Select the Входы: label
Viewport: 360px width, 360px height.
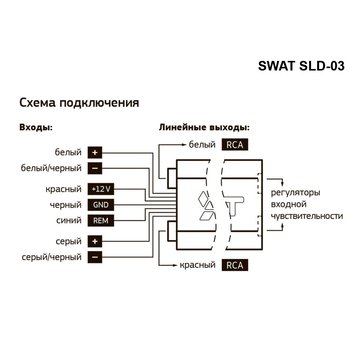[36, 130]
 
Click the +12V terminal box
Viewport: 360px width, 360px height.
[100, 189]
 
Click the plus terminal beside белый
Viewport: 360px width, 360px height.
[95, 152]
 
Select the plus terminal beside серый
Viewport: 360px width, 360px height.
[95, 241]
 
